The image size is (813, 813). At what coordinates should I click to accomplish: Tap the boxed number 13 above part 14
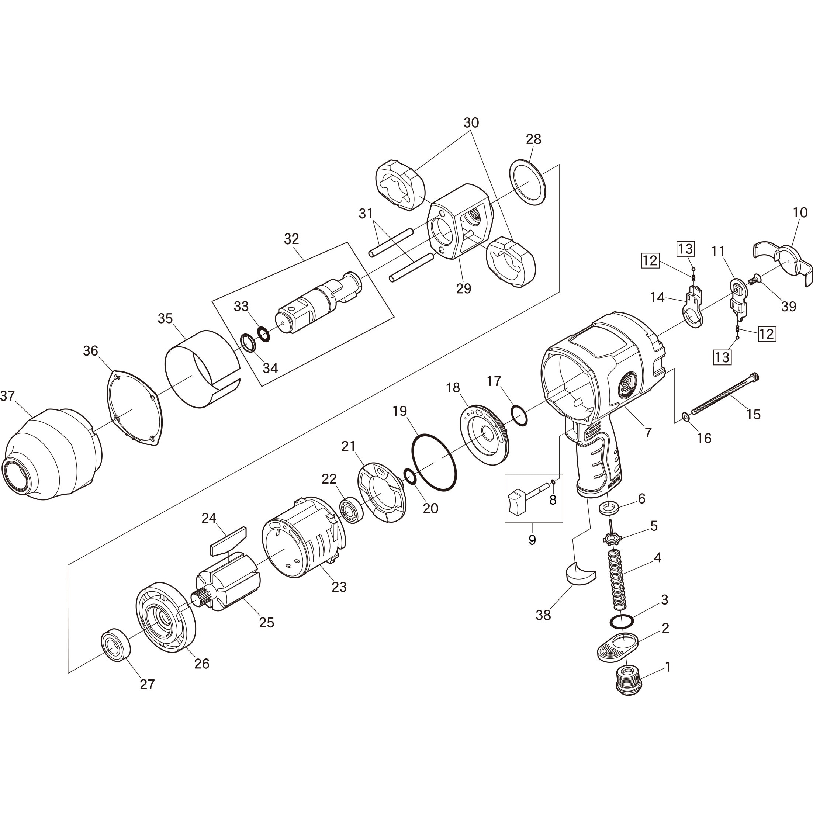[685, 249]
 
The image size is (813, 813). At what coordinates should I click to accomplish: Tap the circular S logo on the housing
[628, 383]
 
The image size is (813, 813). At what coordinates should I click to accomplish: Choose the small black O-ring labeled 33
[263, 333]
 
